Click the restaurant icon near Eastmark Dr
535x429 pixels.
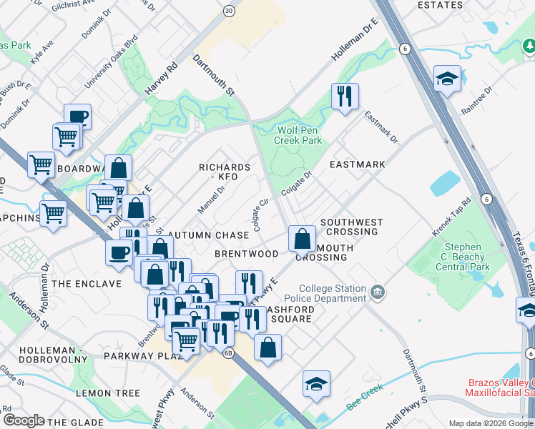coord(345,96)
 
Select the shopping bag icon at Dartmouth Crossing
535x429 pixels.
coord(303,238)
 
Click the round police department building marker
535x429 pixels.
coord(378,292)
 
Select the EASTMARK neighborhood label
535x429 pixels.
coord(357,164)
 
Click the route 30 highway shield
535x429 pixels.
coord(228,11)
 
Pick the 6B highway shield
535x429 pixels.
coord(228,352)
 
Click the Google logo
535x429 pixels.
coord(24,420)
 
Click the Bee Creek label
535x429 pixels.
coord(365,389)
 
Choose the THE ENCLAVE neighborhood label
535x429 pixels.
coord(87,284)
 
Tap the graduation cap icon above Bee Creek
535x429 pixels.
coord(316,383)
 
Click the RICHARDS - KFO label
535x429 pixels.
coord(225,172)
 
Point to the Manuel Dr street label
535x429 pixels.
coord(211,199)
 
